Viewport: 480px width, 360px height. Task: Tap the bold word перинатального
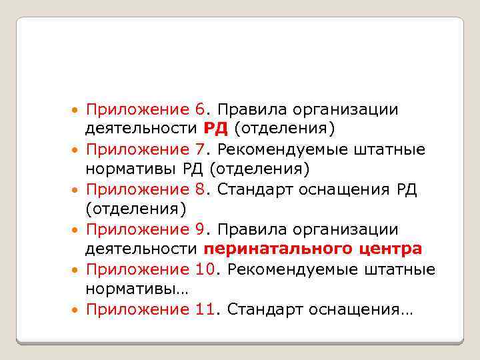pos(277,250)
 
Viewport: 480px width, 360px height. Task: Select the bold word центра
pos(389,249)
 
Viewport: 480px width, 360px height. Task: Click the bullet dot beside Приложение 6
pos(76,110)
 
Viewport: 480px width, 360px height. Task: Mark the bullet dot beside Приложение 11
pos(76,310)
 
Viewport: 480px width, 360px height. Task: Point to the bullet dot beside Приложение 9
pos(76,230)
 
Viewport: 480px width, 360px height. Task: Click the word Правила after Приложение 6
pos(250,109)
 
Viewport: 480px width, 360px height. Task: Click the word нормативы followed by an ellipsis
pos(133,289)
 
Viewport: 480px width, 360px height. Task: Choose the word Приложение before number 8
pos(138,189)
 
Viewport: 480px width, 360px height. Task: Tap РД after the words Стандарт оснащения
pos(406,189)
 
